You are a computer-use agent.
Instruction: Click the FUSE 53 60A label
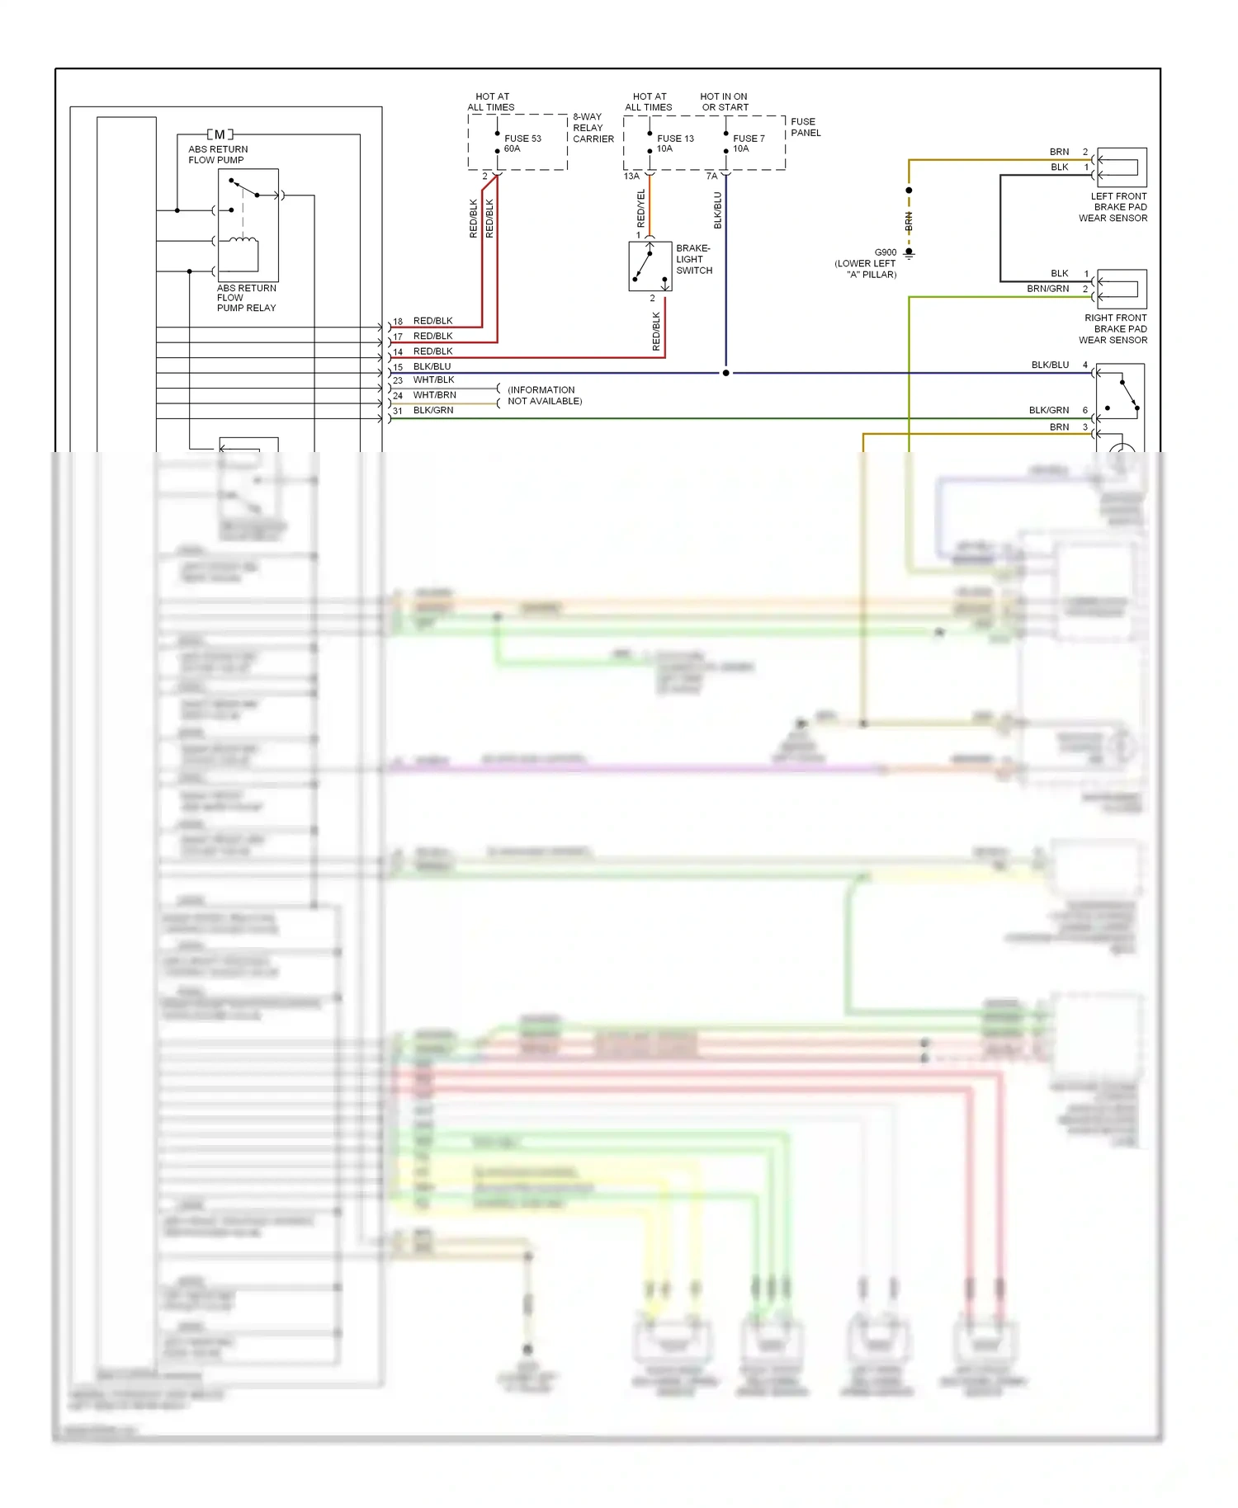click(x=522, y=144)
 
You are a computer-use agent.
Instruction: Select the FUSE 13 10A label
click(x=674, y=144)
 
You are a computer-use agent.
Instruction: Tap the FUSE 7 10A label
click(x=748, y=144)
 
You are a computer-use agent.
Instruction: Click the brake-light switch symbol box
click(x=650, y=266)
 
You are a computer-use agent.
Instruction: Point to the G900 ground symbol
click(x=909, y=253)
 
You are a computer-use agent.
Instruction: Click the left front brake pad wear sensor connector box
click(x=1121, y=167)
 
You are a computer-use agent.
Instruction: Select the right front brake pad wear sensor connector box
click(x=1121, y=289)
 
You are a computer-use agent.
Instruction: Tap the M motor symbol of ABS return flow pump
click(x=220, y=134)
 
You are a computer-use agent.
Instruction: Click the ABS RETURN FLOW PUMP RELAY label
click(x=246, y=298)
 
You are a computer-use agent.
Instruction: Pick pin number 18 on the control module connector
click(x=398, y=322)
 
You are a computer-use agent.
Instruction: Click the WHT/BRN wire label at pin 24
click(x=434, y=395)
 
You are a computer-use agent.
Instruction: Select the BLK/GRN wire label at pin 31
click(x=432, y=410)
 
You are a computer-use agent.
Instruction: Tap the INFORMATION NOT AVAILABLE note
click(x=544, y=395)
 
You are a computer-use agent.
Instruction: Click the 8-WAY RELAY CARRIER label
click(x=593, y=128)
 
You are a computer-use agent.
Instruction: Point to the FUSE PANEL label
click(x=805, y=127)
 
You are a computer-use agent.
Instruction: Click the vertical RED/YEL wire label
click(x=641, y=209)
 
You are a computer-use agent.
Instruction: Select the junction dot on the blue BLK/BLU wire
click(x=725, y=373)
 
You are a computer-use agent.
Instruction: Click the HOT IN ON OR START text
click(x=724, y=101)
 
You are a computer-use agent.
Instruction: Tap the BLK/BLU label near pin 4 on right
click(x=1049, y=365)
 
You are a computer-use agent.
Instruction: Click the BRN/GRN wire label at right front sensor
click(x=1047, y=289)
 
